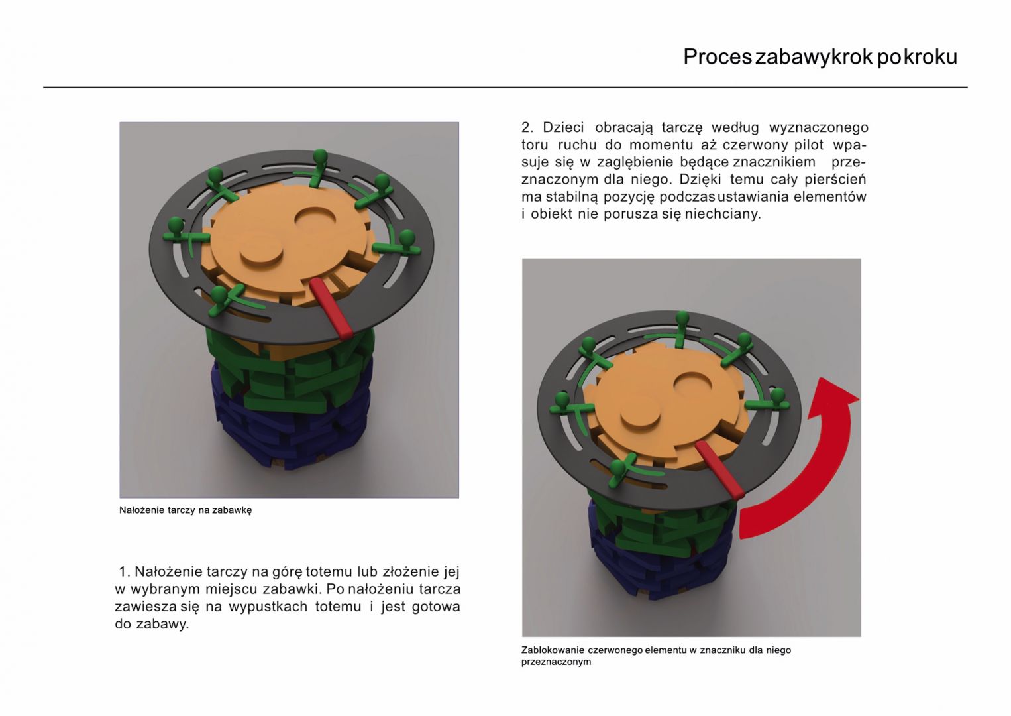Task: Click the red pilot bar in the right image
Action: click(x=719, y=470)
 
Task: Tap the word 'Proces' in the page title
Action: click(x=718, y=58)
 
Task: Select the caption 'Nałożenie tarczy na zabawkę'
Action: click(x=186, y=510)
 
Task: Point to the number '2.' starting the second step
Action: click(x=527, y=127)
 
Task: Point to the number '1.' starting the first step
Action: click(x=124, y=572)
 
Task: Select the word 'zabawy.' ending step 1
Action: click(x=163, y=624)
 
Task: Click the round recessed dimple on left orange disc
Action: click(x=316, y=221)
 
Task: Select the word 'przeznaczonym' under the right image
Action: click(x=556, y=662)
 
